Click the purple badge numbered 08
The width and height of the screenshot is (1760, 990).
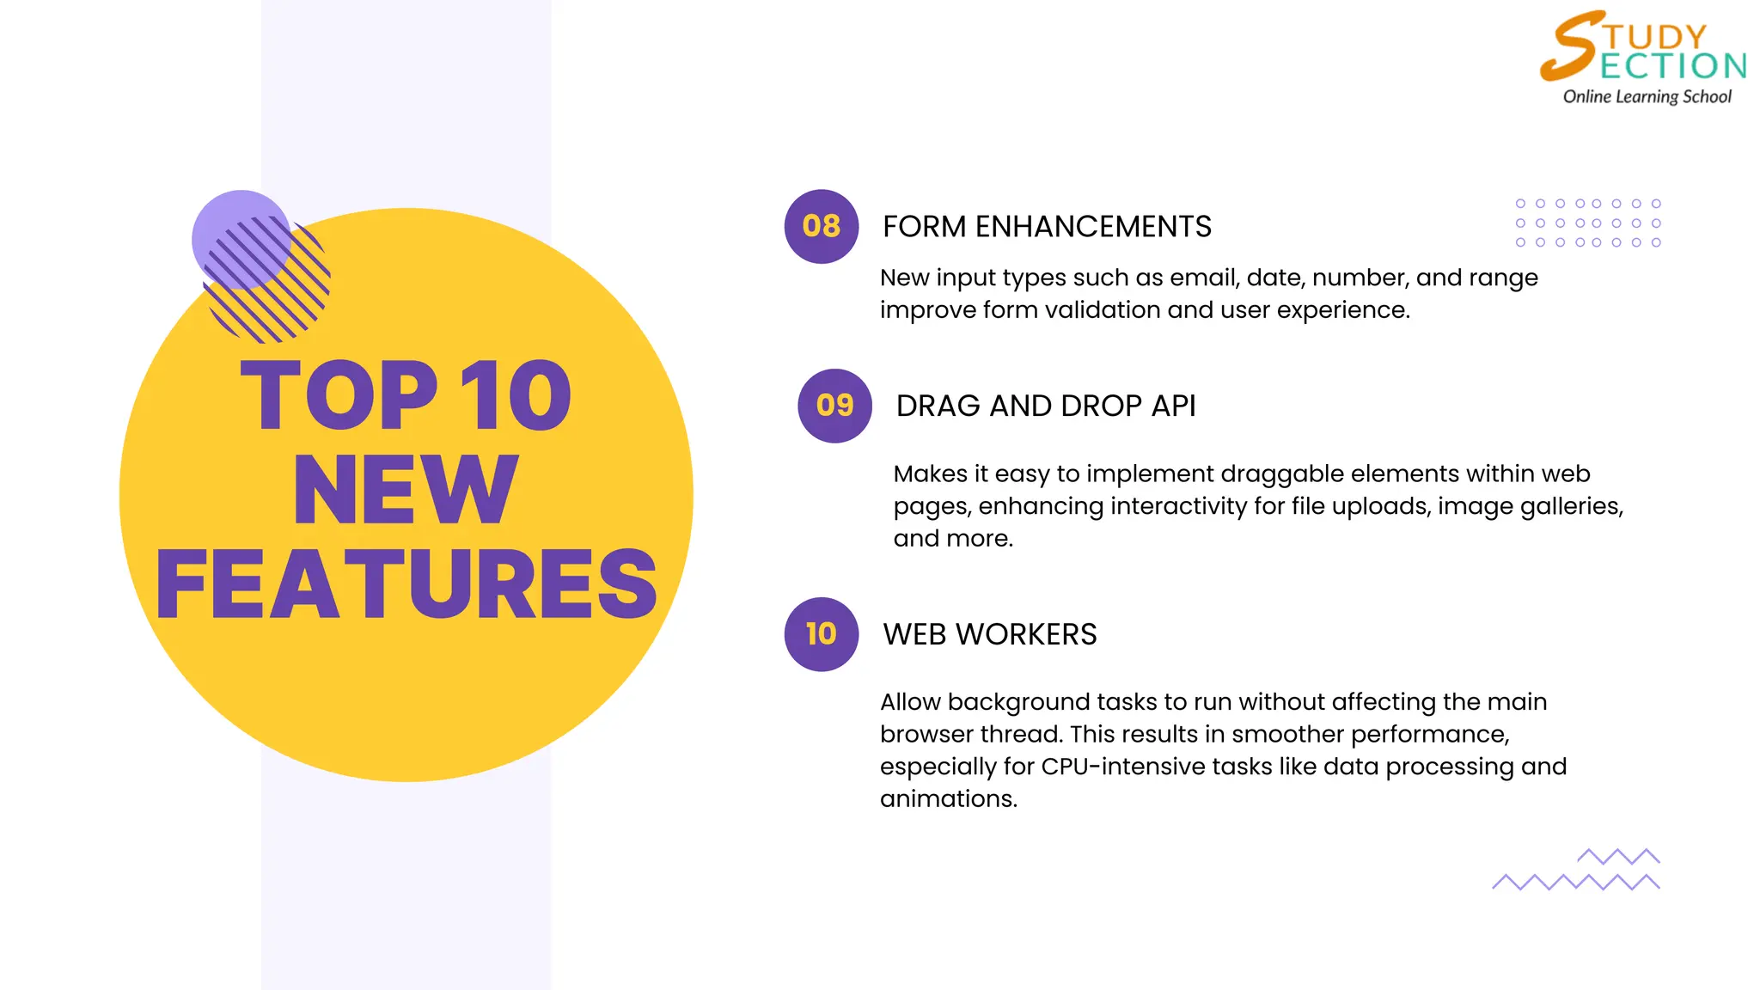821,226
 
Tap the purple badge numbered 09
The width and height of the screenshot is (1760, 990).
834,406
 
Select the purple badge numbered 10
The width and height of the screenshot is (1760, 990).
821,634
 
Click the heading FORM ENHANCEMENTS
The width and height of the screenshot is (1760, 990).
1047,227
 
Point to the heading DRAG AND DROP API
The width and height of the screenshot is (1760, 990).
1045,406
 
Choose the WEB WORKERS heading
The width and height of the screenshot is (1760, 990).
989,634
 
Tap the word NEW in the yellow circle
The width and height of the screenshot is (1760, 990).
406,490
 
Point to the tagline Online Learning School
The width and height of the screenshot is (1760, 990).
1647,97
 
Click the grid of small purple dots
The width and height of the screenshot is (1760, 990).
1587,223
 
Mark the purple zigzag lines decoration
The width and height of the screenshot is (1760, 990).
1576,871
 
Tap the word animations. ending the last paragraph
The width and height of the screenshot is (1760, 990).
948,799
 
